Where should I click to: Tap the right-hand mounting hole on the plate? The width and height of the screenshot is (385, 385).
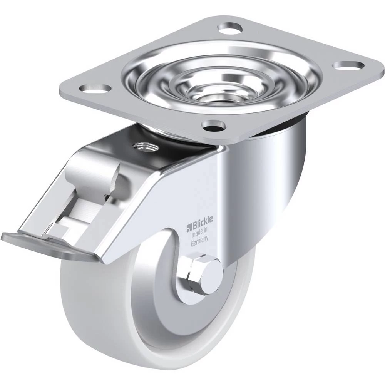click(348, 65)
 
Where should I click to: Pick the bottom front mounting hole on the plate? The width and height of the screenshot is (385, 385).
click(213, 126)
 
